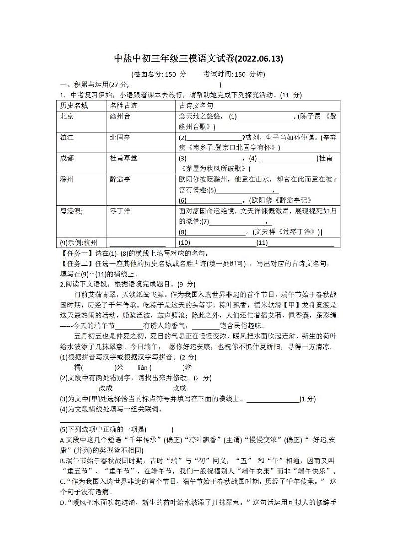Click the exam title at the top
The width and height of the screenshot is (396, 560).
coord(198,59)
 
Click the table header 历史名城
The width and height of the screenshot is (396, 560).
coord(73,106)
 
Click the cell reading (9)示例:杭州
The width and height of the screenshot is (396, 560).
coord(78,243)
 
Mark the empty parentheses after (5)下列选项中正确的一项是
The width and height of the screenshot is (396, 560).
coord(159,429)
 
